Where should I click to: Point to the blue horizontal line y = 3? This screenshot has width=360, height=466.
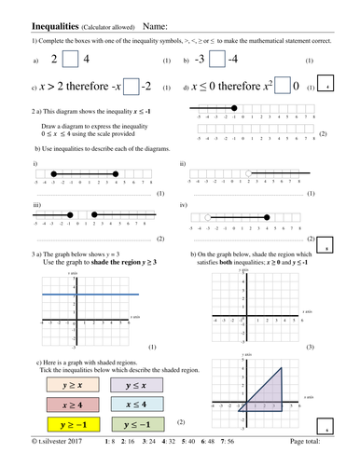tap(84, 295)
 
